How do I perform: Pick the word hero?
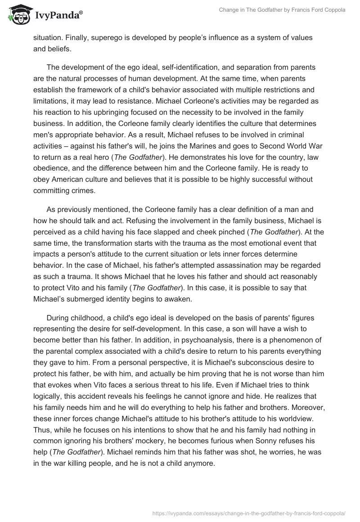click(94, 157)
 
